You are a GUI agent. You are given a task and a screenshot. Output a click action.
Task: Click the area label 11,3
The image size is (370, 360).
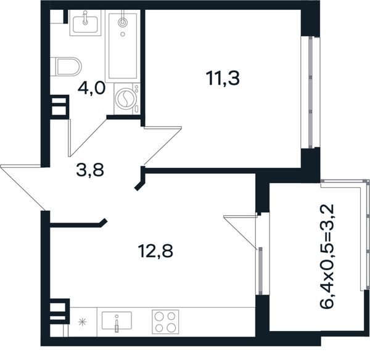[x=223, y=78]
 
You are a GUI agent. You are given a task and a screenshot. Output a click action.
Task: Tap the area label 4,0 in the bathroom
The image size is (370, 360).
[x=91, y=89]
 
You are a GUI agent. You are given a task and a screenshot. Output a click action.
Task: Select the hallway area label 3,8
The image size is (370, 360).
[x=90, y=170]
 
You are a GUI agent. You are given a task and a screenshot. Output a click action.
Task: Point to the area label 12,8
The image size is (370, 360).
[x=155, y=251]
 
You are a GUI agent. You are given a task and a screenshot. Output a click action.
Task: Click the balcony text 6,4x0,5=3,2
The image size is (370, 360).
[x=327, y=256]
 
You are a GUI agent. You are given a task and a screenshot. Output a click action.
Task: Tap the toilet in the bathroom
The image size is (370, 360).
[x=66, y=67]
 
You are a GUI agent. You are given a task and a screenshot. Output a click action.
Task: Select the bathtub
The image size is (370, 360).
[x=123, y=46]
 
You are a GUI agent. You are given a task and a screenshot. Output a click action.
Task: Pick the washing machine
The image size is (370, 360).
[x=127, y=99]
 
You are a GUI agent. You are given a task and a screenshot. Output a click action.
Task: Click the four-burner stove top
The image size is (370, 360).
[x=165, y=322]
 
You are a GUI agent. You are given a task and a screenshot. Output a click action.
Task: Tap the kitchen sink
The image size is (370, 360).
[x=117, y=321]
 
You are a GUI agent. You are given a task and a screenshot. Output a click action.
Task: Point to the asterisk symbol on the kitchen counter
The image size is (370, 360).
[x=83, y=322]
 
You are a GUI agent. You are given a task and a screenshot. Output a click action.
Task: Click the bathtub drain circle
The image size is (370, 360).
[x=123, y=34]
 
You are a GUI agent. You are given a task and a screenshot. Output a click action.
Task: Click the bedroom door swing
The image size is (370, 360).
[x=163, y=145]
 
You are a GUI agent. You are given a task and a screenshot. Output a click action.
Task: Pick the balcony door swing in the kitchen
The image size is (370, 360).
[x=240, y=232]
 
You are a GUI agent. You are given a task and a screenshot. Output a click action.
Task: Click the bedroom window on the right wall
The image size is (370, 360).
[x=311, y=92]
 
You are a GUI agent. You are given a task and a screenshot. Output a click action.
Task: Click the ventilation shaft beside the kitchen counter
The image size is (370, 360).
[x=59, y=311]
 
